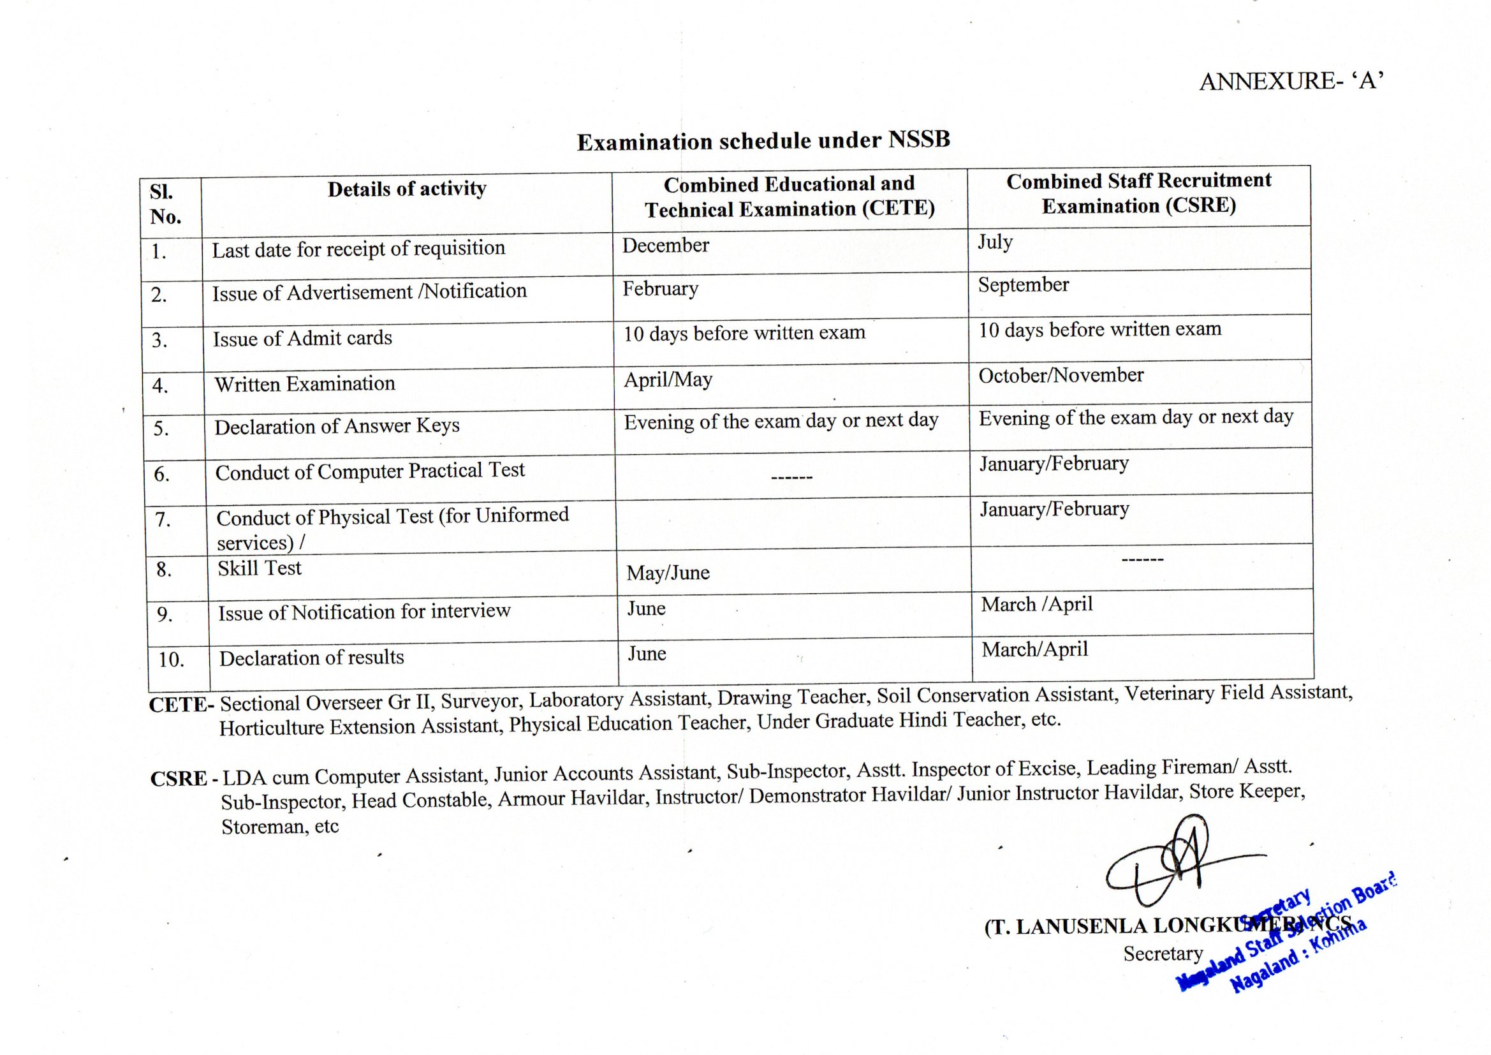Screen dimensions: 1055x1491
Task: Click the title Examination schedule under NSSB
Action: pos(764,140)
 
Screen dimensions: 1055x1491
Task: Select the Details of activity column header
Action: pos(406,189)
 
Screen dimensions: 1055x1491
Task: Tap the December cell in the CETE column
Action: pos(666,246)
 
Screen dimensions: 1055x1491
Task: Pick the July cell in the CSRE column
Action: pos(995,242)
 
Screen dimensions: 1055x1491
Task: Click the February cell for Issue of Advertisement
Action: pos(661,288)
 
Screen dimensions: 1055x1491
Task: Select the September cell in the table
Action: pos(1024,285)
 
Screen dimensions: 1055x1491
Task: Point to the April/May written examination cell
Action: pos(668,380)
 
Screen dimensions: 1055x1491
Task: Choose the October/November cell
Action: pos(1061,376)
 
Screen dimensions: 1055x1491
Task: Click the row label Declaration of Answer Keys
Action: pos(337,426)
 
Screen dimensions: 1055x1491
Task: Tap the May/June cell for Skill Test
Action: pos(668,573)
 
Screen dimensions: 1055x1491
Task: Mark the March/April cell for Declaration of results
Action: pos(1034,649)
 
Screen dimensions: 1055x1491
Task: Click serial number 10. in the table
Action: pos(172,660)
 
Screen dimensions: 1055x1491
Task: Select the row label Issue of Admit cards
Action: pos(303,339)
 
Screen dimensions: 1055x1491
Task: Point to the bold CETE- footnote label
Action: pos(181,705)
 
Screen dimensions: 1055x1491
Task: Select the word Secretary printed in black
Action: pos(1163,954)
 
